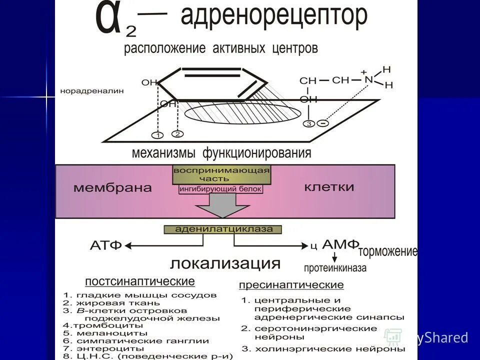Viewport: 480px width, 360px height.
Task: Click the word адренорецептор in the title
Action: (x=273, y=17)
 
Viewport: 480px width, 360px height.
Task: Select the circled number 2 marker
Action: (x=177, y=133)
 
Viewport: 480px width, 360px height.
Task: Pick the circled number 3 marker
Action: (x=309, y=123)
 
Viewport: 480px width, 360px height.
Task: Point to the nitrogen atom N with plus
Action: (x=368, y=79)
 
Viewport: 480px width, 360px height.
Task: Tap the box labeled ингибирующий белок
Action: (x=220, y=189)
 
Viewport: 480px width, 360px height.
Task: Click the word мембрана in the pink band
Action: (x=112, y=188)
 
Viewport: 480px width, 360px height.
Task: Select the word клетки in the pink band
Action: (x=329, y=187)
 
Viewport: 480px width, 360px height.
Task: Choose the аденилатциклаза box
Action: (x=223, y=229)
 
